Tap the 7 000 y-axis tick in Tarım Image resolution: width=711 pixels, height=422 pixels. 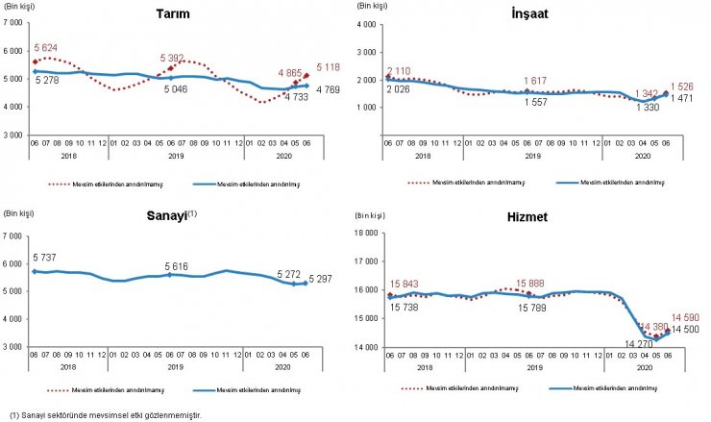point(18,23)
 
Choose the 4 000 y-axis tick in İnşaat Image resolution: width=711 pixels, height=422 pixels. point(373,23)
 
